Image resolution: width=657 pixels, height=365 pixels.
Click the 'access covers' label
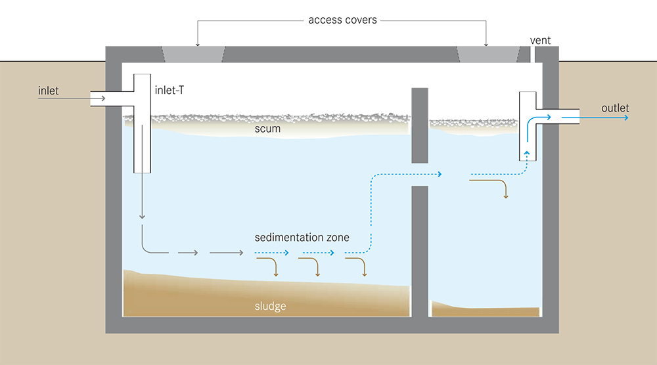coord(343,20)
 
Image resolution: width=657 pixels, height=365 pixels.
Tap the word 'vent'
coord(541,40)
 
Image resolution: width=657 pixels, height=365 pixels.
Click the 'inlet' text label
coord(48,91)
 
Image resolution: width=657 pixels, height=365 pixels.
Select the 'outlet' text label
coord(615,108)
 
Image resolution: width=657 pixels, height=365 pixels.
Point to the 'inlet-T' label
coord(168,91)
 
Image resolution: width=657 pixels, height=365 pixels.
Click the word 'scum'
coord(267,129)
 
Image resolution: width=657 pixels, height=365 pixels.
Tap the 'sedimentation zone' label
coord(302,237)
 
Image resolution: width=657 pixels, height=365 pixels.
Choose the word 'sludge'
coord(270,306)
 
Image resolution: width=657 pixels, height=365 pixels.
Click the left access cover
coord(194,54)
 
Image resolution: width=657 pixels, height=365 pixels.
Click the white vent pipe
coord(533,54)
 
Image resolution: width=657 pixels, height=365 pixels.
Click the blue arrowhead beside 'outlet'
coord(625,118)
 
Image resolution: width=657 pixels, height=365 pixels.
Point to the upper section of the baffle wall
coord(420,125)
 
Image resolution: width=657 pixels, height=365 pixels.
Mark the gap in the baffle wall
coord(420,174)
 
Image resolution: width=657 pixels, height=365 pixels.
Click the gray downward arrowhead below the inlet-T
coord(142,216)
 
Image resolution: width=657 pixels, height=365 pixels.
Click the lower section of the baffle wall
coord(420,249)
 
